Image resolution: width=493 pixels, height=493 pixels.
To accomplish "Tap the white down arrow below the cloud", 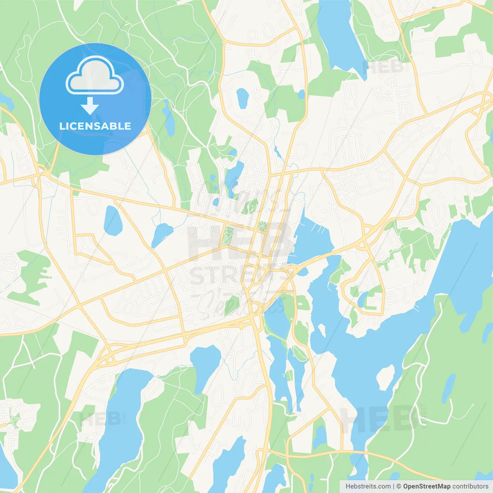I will point(90,106).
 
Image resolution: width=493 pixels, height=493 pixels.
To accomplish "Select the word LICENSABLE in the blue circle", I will point(95,126).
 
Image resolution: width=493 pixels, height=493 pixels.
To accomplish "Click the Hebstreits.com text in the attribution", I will point(368,486).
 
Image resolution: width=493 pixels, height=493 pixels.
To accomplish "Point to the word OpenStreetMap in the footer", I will point(426,486).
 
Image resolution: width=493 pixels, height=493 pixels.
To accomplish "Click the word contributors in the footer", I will point(470,486).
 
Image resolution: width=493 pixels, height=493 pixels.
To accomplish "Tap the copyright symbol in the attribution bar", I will point(399,486).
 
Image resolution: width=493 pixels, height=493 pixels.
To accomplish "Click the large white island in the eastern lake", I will point(385,377).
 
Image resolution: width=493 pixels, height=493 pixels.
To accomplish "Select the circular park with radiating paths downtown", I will point(262,226).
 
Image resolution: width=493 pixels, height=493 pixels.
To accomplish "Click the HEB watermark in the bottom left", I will point(98,419).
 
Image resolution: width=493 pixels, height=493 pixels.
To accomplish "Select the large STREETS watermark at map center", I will point(239,275).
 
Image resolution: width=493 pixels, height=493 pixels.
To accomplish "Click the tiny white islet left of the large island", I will point(321,329).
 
